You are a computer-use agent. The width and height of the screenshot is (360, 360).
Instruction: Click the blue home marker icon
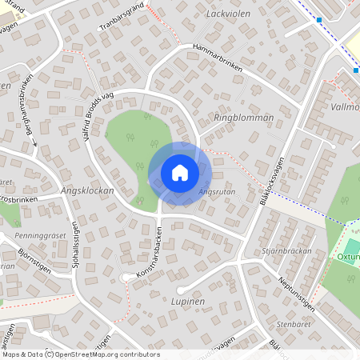point(180,172)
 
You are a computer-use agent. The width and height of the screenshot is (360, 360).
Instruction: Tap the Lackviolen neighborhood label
point(228,14)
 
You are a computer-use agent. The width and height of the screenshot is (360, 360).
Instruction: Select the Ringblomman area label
point(244,117)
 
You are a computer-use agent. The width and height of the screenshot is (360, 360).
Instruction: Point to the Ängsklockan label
point(87,191)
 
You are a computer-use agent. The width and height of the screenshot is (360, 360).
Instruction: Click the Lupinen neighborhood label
point(188,302)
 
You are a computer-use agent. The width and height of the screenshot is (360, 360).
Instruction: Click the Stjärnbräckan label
point(286,250)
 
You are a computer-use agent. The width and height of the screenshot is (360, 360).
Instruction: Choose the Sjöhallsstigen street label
point(76,247)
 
